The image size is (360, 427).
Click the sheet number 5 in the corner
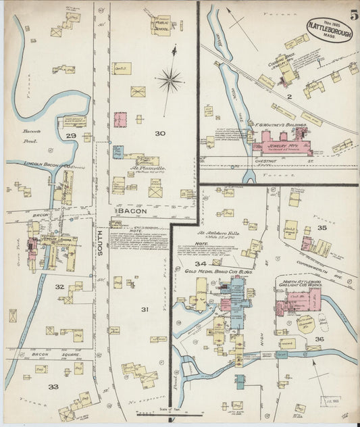pyautogui.click(x=354, y=14)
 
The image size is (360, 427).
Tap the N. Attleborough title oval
pyautogui.click(x=329, y=30)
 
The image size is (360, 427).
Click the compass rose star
pyautogui.click(x=170, y=80)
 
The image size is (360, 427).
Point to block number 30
pyautogui.click(x=159, y=133)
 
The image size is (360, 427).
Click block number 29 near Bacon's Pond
pyautogui.click(x=70, y=136)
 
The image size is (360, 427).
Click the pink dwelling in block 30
pyautogui.click(x=121, y=120)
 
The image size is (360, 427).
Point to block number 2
pyautogui.click(x=288, y=97)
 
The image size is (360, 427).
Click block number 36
pyautogui.click(x=319, y=338)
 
